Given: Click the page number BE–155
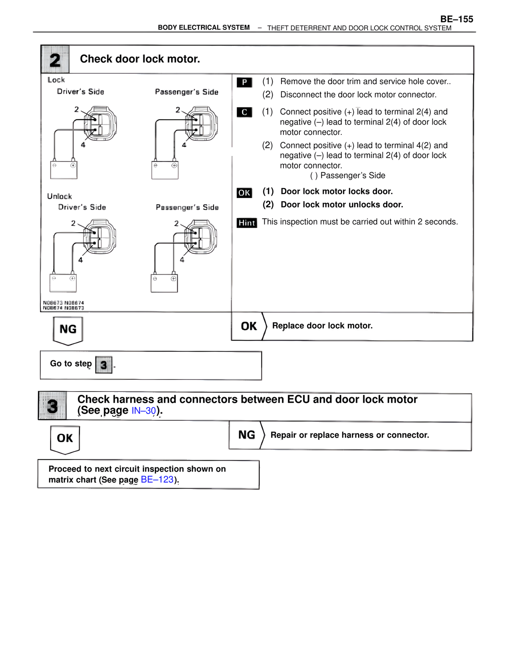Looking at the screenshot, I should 456,19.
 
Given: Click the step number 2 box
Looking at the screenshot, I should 55,59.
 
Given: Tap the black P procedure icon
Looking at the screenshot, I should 244,82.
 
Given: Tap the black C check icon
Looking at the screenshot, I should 244,112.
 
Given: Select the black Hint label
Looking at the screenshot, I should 247,223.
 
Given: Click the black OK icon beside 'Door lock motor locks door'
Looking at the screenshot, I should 244,193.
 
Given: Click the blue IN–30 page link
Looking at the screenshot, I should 144,410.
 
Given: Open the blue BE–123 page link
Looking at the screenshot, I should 157,479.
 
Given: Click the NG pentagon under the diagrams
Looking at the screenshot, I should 68,330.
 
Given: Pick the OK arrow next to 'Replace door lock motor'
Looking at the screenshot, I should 248,326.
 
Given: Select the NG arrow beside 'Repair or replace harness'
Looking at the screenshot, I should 246,435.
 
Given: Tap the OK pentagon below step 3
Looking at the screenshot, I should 65,439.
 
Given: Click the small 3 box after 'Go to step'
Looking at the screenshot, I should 104,364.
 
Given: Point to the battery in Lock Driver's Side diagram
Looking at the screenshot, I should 64,170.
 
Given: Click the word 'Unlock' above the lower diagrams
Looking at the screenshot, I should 59,196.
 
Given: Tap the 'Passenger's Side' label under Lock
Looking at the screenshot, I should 186,92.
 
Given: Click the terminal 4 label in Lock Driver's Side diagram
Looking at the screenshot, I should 83,145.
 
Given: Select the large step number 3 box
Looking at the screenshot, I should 52,406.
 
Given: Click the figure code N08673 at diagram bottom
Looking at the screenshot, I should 53,303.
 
